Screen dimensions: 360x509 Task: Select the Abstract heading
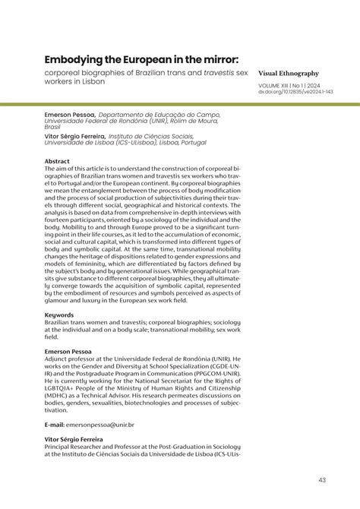click(57, 162)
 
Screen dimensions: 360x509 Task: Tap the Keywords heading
click(60, 314)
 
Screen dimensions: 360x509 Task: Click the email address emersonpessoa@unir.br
click(99, 426)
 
